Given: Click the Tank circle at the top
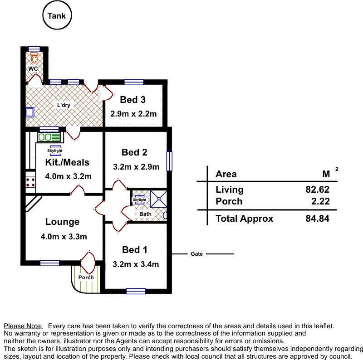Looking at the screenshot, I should click(57, 16).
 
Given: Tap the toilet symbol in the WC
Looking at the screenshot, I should click(34, 58).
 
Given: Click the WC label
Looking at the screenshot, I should click(33, 69).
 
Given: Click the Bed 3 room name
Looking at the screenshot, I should click(133, 100).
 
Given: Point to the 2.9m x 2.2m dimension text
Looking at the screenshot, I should click(133, 114).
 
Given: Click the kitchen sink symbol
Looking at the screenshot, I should click(49, 136).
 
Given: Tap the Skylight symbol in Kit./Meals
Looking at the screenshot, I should click(55, 150).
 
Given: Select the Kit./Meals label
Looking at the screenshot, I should click(67, 162).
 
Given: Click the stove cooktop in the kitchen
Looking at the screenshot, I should click(30, 182).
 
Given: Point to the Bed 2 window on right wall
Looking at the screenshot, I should click(169, 161).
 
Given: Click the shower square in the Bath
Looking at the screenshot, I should click(159, 198).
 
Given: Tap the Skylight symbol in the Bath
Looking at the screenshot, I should click(139, 199).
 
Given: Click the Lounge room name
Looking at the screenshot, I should click(62, 222).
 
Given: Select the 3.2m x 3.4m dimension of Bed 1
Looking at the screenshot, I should click(136, 264).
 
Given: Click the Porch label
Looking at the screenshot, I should click(86, 277).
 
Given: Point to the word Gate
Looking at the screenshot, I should click(196, 254).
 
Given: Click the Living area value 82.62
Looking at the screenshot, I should click(318, 190).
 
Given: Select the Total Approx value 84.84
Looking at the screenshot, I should click(318, 219).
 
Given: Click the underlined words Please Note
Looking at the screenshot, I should click(23, 326).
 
